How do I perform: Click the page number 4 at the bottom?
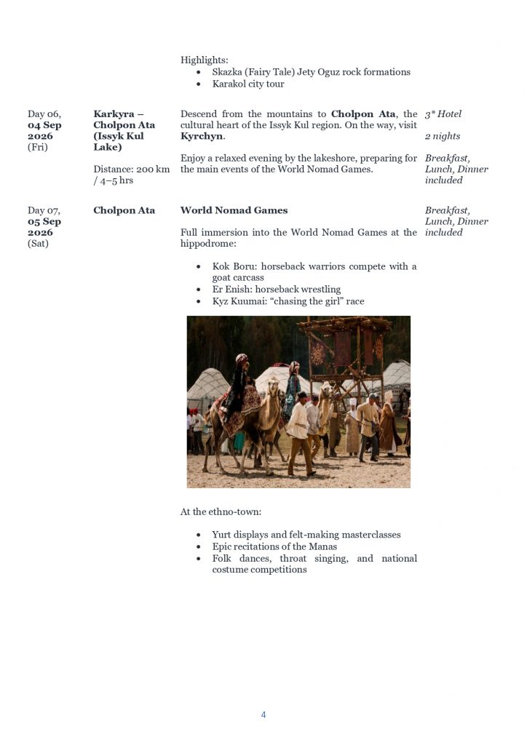pos(263,715)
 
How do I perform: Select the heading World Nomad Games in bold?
pos(234,210)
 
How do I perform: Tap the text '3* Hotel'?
pos(443,114)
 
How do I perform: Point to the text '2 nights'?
pos(443,136)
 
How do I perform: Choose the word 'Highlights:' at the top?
pos(205,61)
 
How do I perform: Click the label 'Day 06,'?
pos(44,114)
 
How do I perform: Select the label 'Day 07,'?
pos(44,210)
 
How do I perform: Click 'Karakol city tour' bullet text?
pos(248,84)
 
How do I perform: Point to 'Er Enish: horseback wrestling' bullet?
pos(277,289)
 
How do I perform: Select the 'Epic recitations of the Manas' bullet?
pos(274,546)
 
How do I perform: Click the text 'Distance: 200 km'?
pos(132,170)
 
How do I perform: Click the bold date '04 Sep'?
pos(44,125)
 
